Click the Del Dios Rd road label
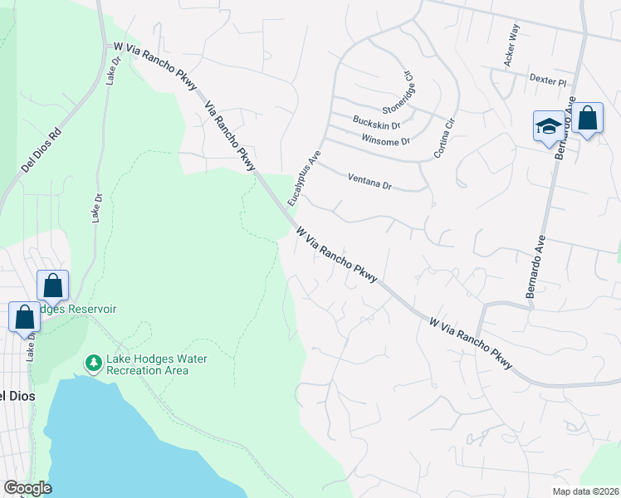tap(42, 148)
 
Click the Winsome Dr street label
tap(386, 141)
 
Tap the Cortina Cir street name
tap(444, 139)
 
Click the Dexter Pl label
tap(547, 81)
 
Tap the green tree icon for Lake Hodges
tap(94, 364)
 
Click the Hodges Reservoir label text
tap(92, 309)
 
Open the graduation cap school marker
tap(547, 127)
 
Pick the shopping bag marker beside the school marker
tap(587, 119)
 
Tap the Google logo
tap(27, 488)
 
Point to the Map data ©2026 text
tap(585, 491)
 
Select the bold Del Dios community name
tap(16, 396)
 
